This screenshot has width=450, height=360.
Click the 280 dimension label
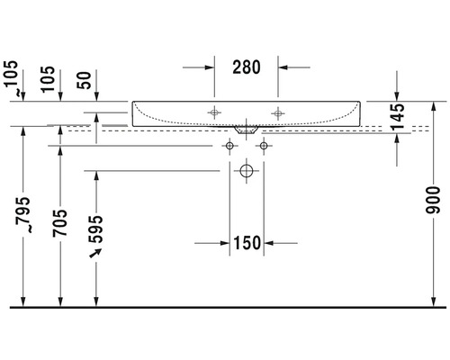point(247,67)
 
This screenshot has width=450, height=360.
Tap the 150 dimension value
point(247,243)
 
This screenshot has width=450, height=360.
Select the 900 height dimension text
point(433,200)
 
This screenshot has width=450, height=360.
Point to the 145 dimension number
point(398,116)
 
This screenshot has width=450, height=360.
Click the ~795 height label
point(23,215)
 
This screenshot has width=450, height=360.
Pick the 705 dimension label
point(60,223)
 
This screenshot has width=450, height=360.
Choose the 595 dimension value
point(96,229)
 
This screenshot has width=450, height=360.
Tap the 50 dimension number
point(84,80)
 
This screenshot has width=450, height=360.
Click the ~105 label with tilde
point(13,78)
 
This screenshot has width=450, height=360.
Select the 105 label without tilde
point(48,79)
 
